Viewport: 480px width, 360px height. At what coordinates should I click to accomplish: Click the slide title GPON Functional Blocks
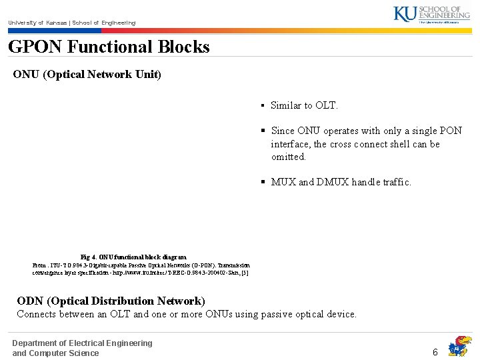tap(109, 47)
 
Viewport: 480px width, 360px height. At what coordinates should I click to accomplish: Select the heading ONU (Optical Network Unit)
tap(87, 74)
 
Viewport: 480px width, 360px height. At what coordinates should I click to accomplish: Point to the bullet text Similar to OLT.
tap(304, 105)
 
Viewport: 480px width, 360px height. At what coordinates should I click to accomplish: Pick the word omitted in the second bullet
tap(288, 157)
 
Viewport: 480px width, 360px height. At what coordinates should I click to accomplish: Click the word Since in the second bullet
tap(283, 131)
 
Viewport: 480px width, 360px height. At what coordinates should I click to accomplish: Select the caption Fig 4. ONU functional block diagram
tap(133, 257)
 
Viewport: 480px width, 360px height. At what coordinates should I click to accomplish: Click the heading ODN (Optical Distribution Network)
tap(111, 301)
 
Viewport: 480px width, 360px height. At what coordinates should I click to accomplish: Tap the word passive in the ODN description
tap(290, 314)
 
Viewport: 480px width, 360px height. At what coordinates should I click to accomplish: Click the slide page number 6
tap(435, 351)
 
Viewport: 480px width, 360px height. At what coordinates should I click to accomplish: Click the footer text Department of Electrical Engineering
tap(82, 343)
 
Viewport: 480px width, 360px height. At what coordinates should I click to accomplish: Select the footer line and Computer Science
tap(55, 353)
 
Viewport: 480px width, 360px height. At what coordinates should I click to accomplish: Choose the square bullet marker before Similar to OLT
tap(263, 105)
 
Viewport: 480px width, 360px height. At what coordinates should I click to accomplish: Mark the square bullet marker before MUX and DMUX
tap(263, 182)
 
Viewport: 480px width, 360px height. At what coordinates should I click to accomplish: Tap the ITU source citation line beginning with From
tap(140, 265)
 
